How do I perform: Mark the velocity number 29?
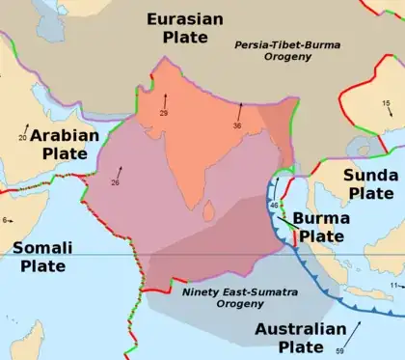click(x=164, y=114)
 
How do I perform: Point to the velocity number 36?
click(x=237, y=125)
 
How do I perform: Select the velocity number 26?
click(x=115, y=182)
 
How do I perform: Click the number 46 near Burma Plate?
click(x=275, y=206)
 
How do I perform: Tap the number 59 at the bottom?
click(x=339, y=350)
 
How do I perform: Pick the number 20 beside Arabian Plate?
click(x=22, y=139)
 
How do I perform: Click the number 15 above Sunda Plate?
click(x=386, y=103)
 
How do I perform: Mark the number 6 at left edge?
click(x=5, y=220)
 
